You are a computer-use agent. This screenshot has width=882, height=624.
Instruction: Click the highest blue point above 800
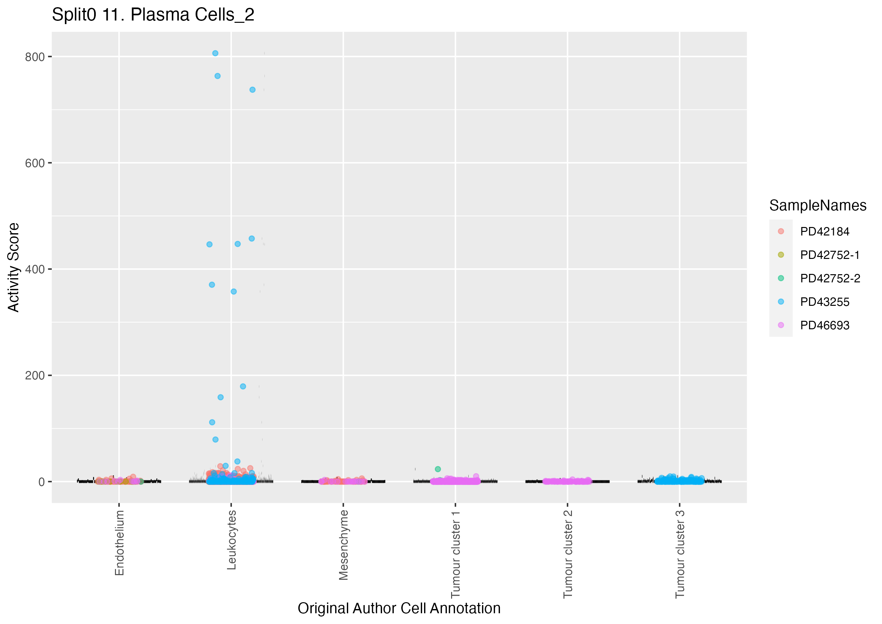[216, 53]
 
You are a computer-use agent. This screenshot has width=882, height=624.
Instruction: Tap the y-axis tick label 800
[35, 57]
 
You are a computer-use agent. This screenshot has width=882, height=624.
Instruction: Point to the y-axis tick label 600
[35, 163]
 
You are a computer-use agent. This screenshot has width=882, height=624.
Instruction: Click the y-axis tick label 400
[35, 270]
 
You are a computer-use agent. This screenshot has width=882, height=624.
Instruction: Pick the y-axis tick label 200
[35, 376]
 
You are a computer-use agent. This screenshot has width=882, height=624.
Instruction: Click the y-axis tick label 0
[41, 482]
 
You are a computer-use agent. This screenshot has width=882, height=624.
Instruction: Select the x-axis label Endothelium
[120, 543]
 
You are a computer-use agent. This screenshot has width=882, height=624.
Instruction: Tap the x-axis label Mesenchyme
[343, 545]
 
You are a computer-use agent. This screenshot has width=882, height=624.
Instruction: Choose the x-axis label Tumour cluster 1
[456, 554]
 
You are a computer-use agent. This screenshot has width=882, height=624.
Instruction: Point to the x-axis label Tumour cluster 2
[568, 554]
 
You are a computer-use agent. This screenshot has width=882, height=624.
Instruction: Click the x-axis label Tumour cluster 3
[680, 554]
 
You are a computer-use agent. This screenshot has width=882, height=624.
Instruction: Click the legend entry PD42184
[824, 232]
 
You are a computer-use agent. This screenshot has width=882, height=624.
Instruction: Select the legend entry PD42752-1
[829, 255]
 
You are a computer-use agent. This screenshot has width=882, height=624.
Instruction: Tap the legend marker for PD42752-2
[781, 278]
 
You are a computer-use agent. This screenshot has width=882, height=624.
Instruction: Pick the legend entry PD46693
[824, 325]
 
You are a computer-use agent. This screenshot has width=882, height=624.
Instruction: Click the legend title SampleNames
[818, 206]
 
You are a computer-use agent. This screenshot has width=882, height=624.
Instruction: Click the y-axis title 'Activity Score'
[14, 267]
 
